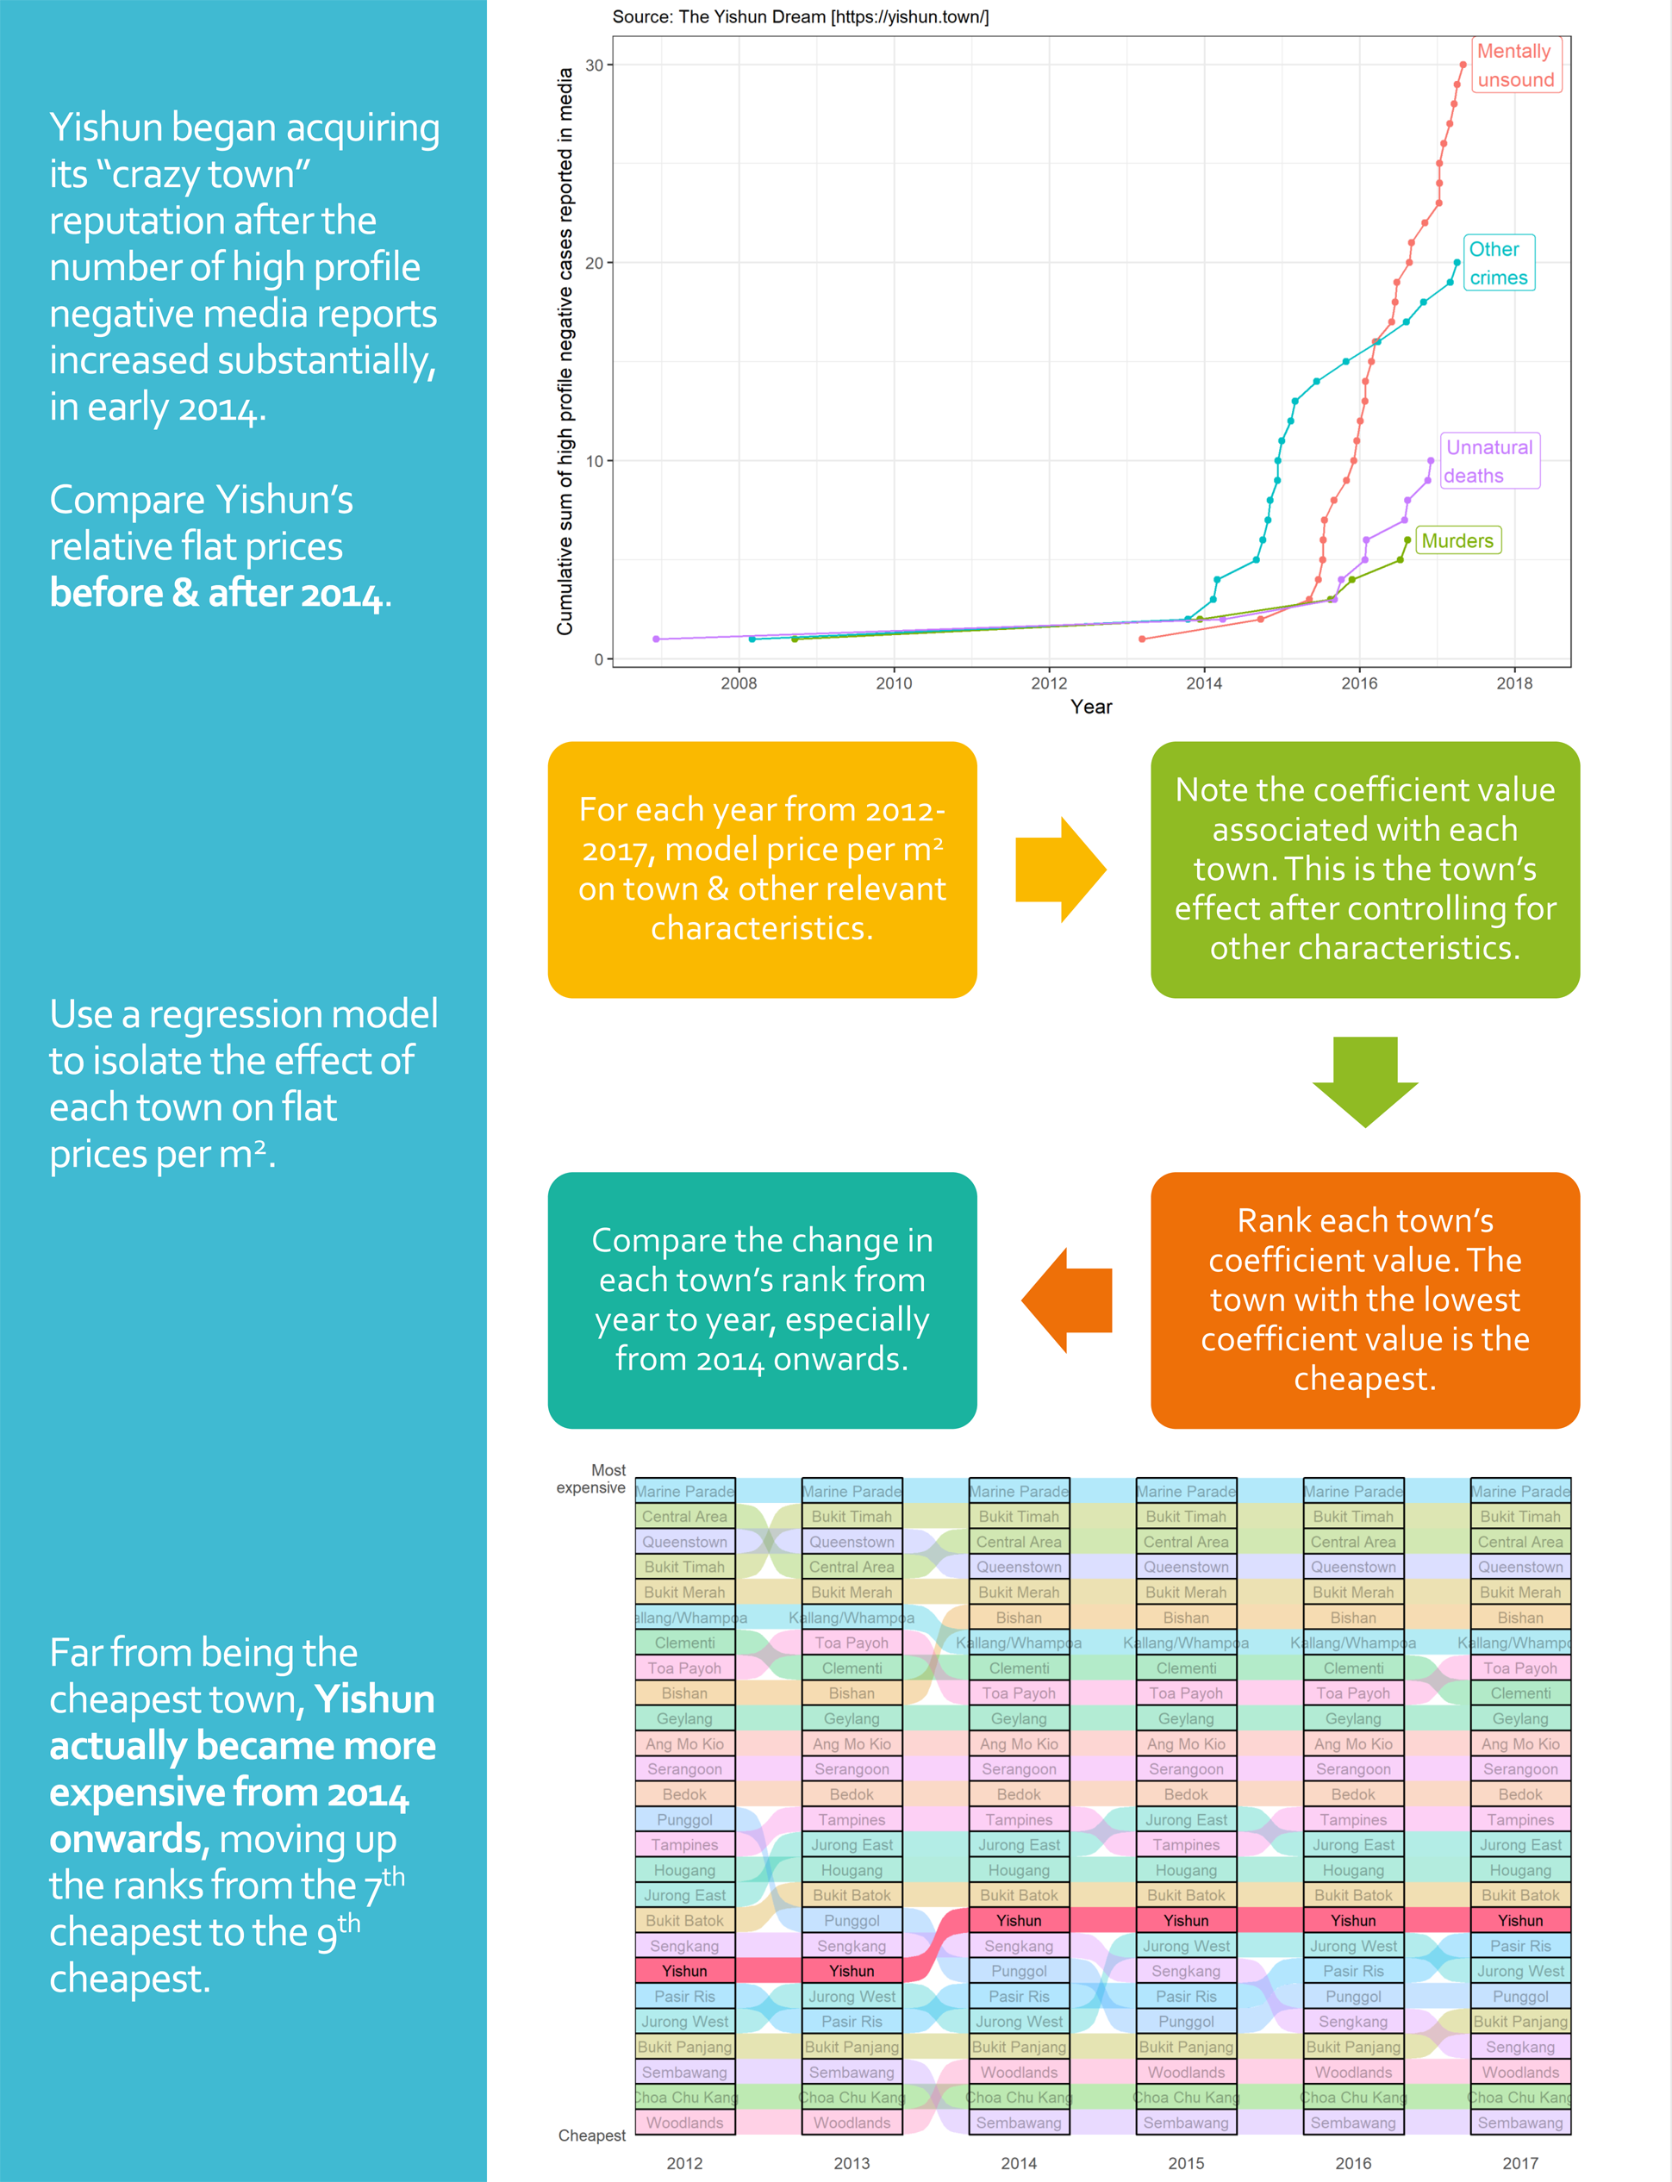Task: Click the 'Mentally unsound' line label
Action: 1515,65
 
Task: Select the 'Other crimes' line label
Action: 1499,263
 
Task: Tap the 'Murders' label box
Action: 1457,540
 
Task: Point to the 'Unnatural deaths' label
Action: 1489,461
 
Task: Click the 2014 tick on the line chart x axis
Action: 1203,683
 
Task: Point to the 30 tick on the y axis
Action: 594,65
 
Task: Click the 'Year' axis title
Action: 1091,707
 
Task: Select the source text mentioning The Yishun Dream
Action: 800,17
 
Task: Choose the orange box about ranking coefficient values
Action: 1364,1300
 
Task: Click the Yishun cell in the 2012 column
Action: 684,1971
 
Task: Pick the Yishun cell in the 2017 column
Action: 1519,1920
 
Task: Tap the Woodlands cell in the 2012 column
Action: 684,2123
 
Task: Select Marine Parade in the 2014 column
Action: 1018,1492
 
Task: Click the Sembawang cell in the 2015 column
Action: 1185,2123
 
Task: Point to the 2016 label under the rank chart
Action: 1352,2163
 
